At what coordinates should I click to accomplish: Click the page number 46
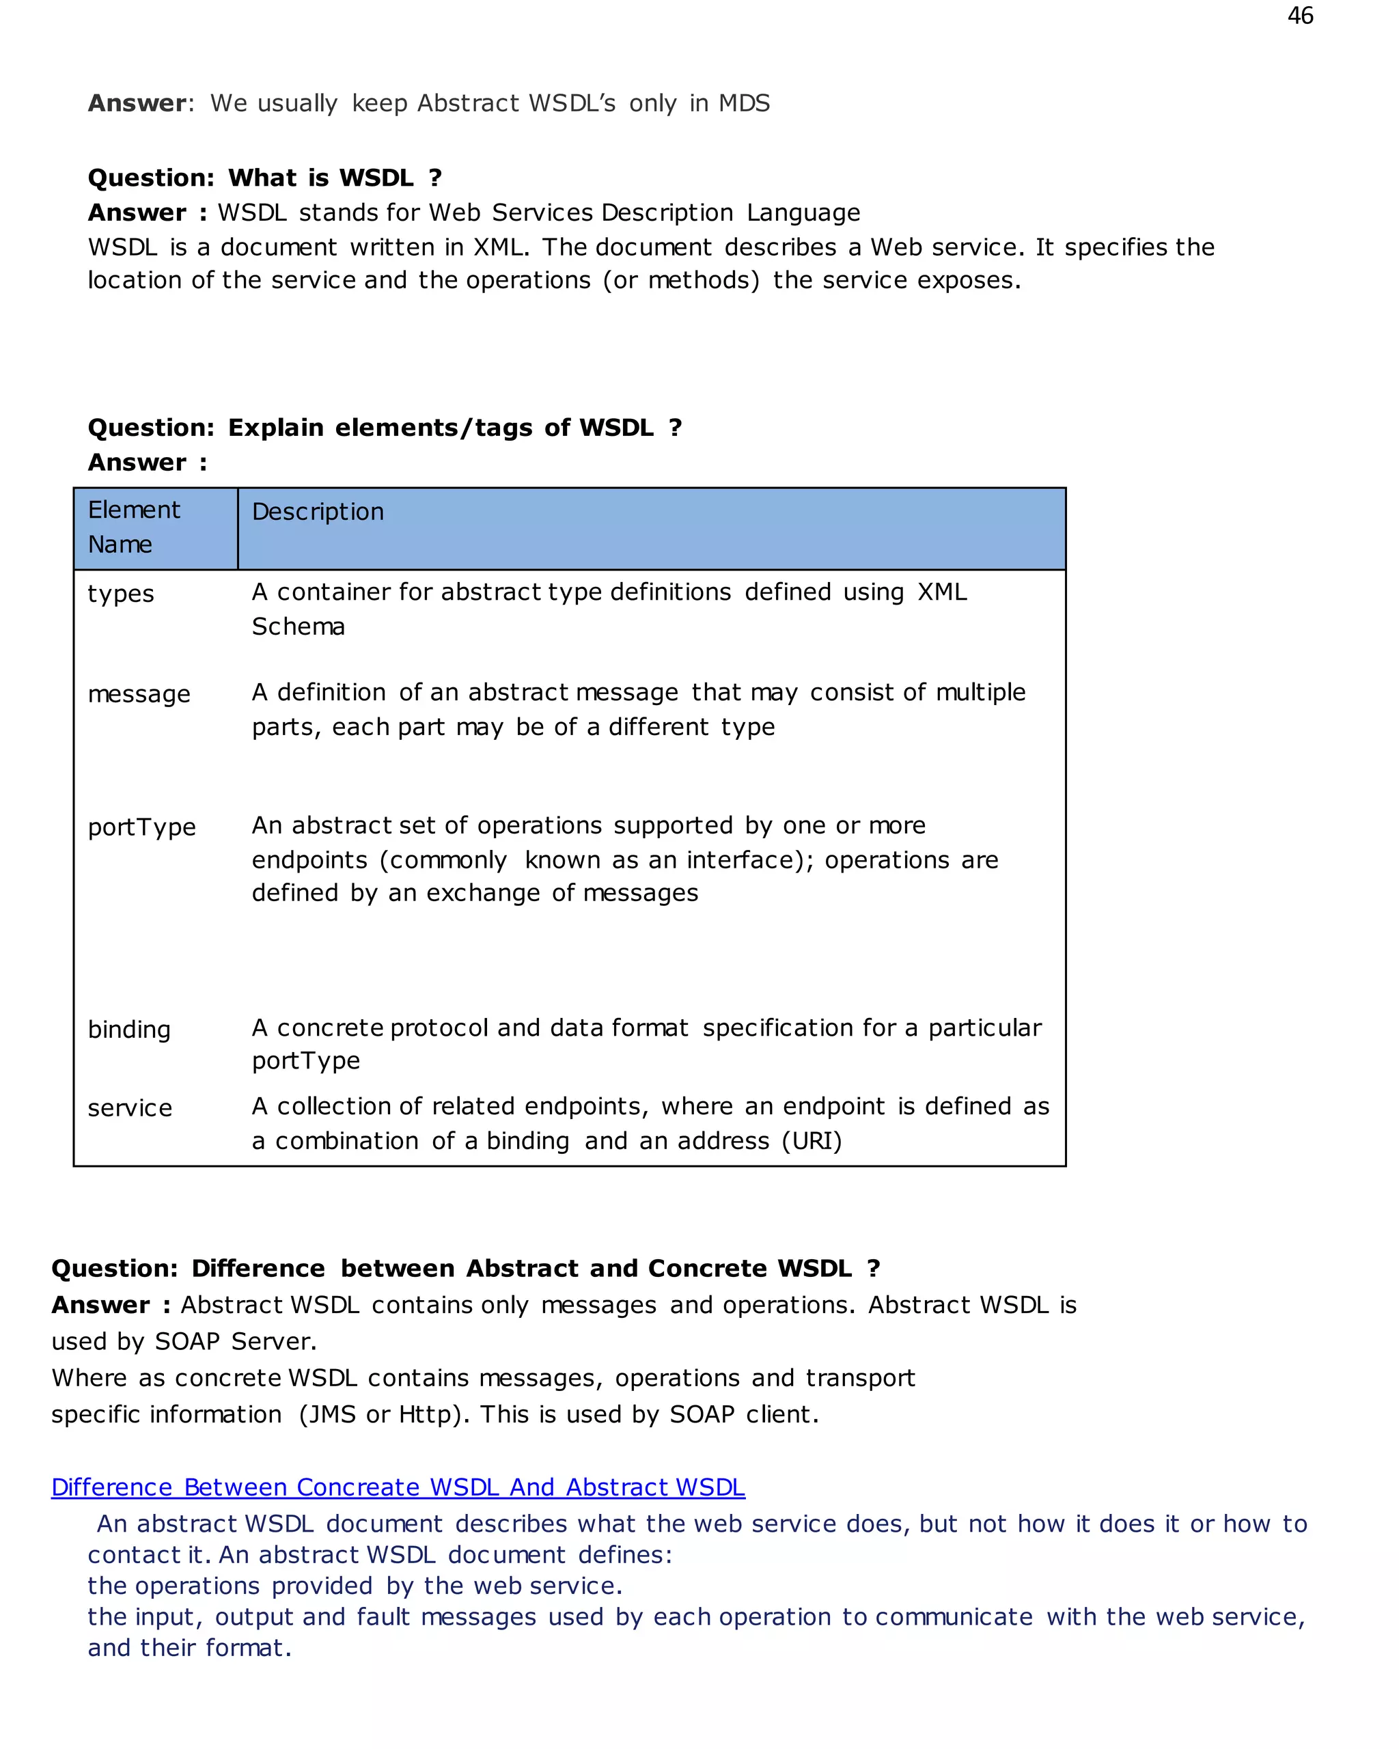click(1299, 16)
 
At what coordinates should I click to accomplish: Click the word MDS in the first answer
click(744, 104)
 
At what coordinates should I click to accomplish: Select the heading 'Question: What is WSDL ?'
click(264, 178)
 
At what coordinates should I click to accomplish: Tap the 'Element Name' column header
click(134, 527)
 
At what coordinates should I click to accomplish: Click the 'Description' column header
click(318, 512)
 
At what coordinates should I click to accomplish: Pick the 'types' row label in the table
click(121, 594)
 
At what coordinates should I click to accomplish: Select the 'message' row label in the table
click(139, 694)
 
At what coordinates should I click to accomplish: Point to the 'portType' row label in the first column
click(142, 827)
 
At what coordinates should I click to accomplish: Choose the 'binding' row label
click(129, 1030)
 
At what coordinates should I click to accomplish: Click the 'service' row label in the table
click(130, 1108)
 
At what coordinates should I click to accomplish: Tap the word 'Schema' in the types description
click(299, 627)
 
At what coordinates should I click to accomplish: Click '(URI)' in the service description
click(812, 1142)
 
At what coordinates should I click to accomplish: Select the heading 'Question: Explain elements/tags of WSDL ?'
click(385, 428)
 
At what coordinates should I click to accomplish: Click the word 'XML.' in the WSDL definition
click(499, 247)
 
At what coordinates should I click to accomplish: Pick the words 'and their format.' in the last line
click(190, 1648)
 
